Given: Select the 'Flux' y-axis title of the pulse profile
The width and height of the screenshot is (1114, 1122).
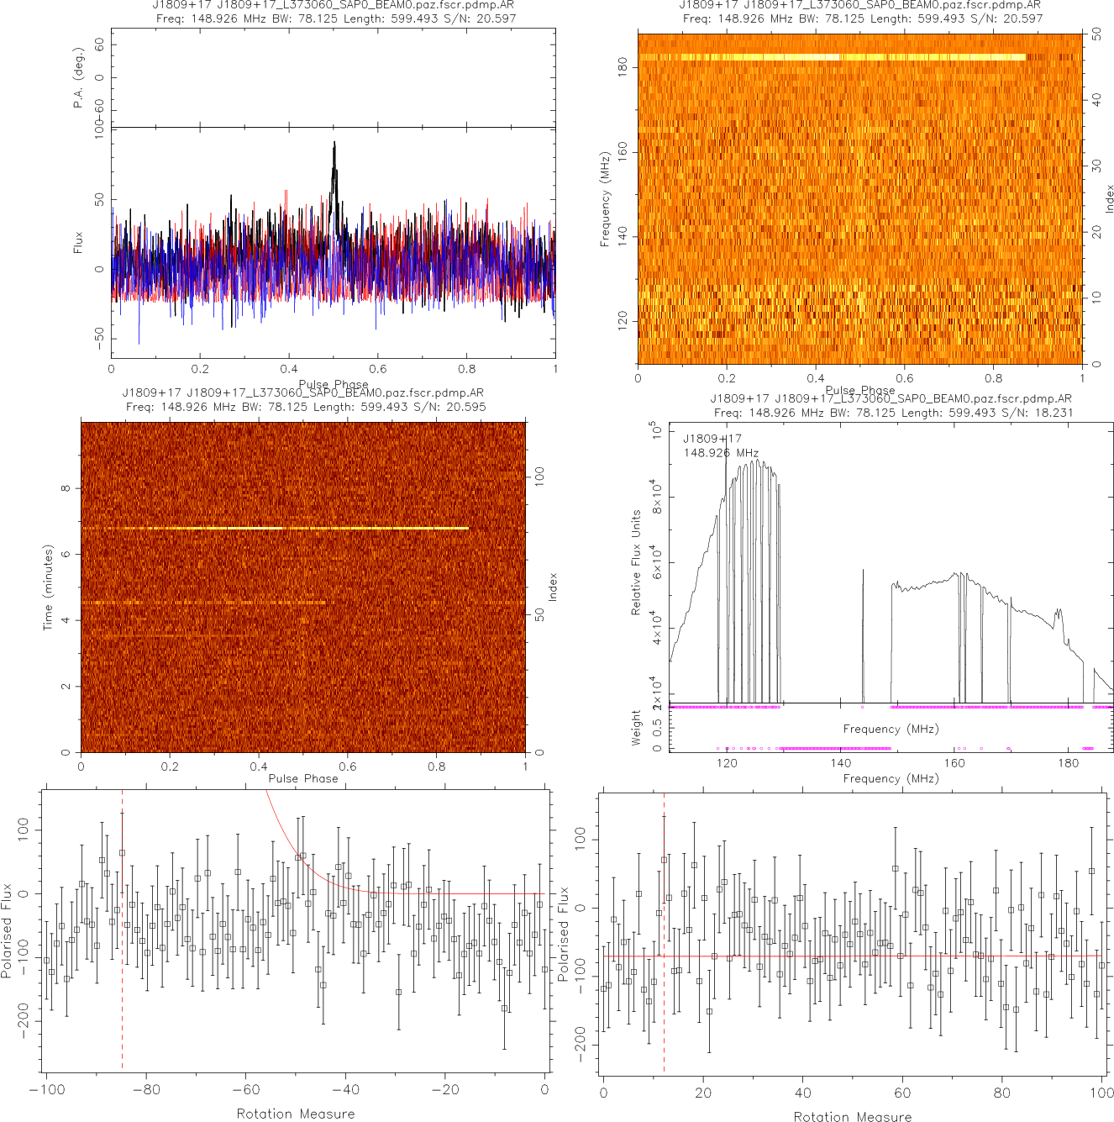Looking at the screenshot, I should pos(78,243).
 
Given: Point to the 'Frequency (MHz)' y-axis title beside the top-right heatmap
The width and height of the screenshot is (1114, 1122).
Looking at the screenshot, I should pos(604,199).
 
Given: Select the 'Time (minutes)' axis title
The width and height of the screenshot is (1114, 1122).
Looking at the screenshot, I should pos(48,587).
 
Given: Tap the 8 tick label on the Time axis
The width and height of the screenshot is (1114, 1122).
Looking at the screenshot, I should pos(66,488).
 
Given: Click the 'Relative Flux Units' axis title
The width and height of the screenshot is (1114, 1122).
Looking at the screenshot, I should pos(636,562).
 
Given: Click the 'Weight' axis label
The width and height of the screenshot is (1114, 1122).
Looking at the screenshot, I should pos(636,727).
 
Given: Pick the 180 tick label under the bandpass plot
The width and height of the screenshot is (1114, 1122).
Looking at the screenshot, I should pos(1069,763).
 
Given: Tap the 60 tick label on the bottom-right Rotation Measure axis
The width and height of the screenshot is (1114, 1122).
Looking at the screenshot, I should pos(902,1093).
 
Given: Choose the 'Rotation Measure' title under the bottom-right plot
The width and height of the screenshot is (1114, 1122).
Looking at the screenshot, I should pos(852,1116).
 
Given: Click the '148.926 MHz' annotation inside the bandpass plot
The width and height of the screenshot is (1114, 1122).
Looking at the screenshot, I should pos(721,453).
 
